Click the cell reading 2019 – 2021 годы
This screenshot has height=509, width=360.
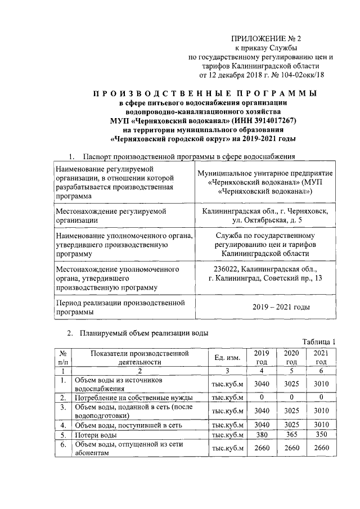click(281, 307)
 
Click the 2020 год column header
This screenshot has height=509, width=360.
click(290, 357)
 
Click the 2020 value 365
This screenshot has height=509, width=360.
click(290, 435)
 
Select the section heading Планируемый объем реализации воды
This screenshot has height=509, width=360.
click(144, 332)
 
